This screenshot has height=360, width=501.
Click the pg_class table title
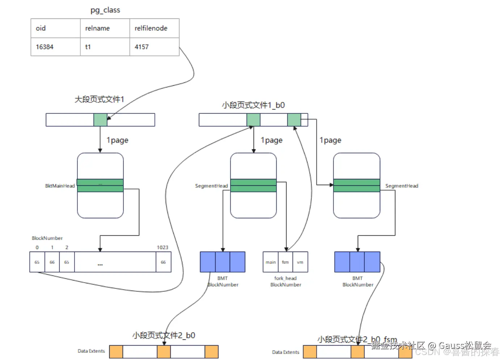[105, 10]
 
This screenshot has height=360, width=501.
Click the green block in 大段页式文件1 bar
[100, 120]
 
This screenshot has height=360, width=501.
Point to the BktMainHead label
[60, 186]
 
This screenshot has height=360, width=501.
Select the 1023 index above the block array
[162, 248]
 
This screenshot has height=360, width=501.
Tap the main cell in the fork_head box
[271, 262]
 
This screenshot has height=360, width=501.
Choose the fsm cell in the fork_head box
[285, 262]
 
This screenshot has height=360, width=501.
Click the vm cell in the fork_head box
[300, 262]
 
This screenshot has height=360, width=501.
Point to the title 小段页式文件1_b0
[253, 105]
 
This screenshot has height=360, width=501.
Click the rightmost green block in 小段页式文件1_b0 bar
[294, 120]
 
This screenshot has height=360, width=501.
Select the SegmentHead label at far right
[402, 186]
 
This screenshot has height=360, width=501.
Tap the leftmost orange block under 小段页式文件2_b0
[116, 352]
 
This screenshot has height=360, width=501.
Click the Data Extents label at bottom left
[91, 351]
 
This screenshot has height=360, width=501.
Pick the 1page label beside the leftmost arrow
[117, 140]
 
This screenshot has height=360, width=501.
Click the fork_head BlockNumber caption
[285, 282]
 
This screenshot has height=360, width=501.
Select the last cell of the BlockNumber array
[163, 262]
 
